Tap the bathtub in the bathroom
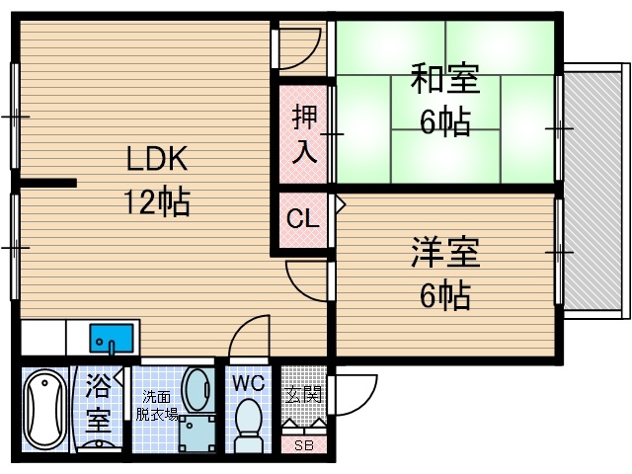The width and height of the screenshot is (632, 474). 42,412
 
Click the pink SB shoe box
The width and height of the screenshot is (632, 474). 304,443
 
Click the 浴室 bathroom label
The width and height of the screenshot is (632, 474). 97,403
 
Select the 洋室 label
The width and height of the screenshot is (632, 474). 445,252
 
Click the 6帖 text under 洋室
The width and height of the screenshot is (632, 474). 445,294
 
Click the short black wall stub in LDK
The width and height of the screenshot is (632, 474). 47,183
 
